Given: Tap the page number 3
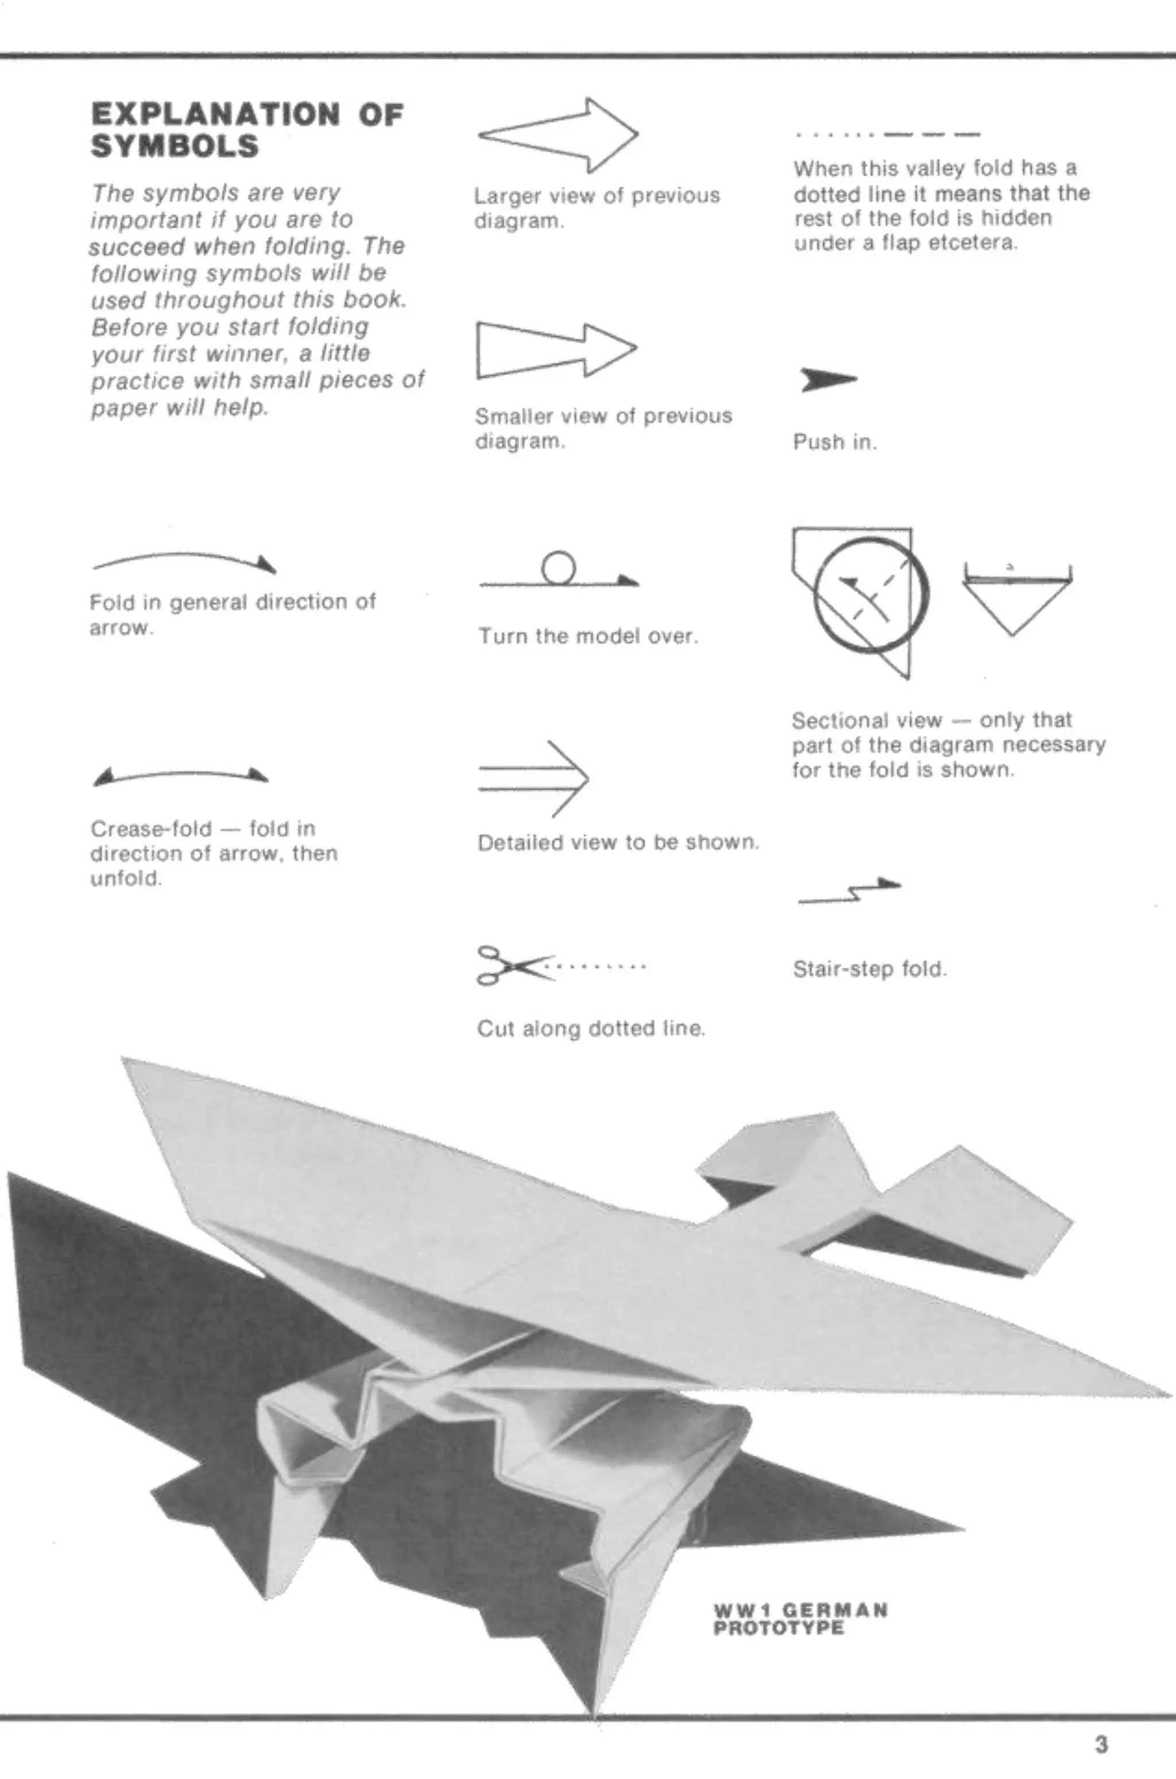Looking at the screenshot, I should [1100, 1745].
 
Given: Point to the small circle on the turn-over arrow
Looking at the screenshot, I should [559, 568].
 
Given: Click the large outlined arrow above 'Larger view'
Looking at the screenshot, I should [559, 135].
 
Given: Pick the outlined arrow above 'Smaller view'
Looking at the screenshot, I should [556, 349].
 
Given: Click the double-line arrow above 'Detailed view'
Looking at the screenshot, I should [533, 779].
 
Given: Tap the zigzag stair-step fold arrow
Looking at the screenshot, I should [850, 891].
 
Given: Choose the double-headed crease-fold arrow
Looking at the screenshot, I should [180, 775].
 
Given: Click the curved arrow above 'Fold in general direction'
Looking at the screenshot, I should [184, 560].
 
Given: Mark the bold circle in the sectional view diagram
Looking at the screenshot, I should [872, 594].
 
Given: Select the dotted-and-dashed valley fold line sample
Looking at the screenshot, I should [888, 135].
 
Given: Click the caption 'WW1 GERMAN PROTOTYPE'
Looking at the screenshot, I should [800, 1619].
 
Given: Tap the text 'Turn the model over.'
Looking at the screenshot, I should [588, 636].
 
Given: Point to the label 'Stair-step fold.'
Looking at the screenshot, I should [870, 969].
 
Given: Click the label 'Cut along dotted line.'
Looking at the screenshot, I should [591, 1028].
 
